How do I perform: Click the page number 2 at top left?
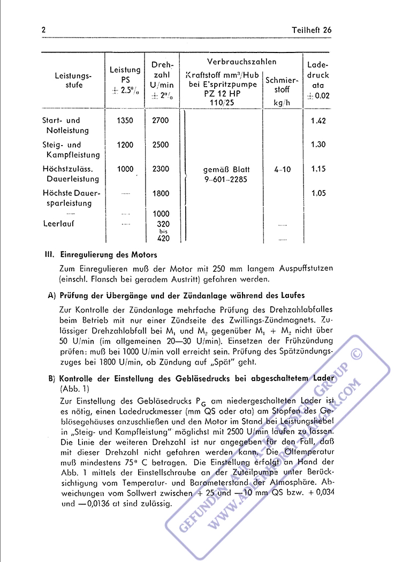[x=44, y=30]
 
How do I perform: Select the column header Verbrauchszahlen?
[x=241, y=62]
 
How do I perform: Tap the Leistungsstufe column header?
[x=73, y=80]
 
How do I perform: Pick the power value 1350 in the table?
[x=125, y=120]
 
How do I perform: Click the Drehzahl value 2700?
[x=160, y=120]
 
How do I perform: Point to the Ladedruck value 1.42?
[x=318, y=120]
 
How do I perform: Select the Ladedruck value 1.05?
[x=318, y=193]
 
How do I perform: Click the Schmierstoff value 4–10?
[x=282, y=169]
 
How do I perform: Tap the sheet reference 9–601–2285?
[x=225, y=179]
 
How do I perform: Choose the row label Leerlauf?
[x=58, y=224]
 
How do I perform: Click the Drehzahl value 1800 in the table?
[x=160, y=193]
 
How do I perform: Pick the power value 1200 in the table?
[x=125, y=145]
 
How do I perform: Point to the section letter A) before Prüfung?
[x=52, y=295]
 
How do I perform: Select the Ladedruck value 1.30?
[x=318, y=145]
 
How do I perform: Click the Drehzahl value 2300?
[x=160, y=169]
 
